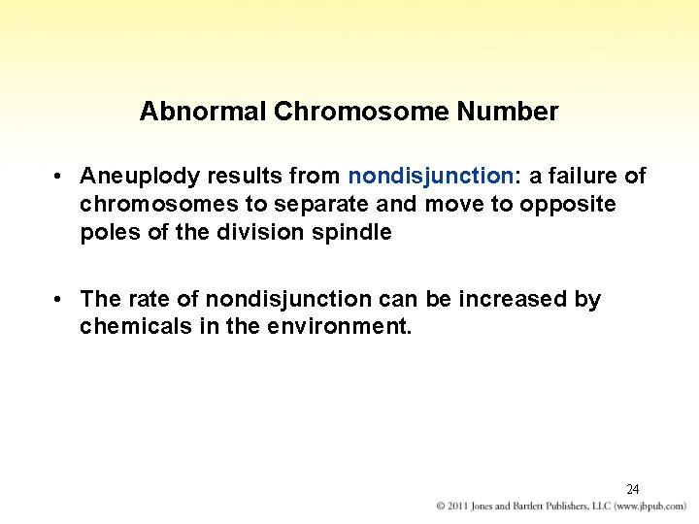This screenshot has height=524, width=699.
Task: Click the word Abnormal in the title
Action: point(203,112)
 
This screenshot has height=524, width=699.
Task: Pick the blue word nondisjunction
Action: point(430,176)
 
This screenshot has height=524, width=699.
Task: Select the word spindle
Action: point(354,233)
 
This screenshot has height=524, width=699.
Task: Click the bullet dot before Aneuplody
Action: point(60,177)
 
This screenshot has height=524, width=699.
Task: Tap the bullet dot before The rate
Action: point(60,300)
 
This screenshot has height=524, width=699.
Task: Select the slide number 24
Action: point(632,489)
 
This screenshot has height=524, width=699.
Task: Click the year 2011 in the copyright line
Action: point(462,508)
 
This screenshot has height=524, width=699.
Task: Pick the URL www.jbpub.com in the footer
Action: point(649,508)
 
